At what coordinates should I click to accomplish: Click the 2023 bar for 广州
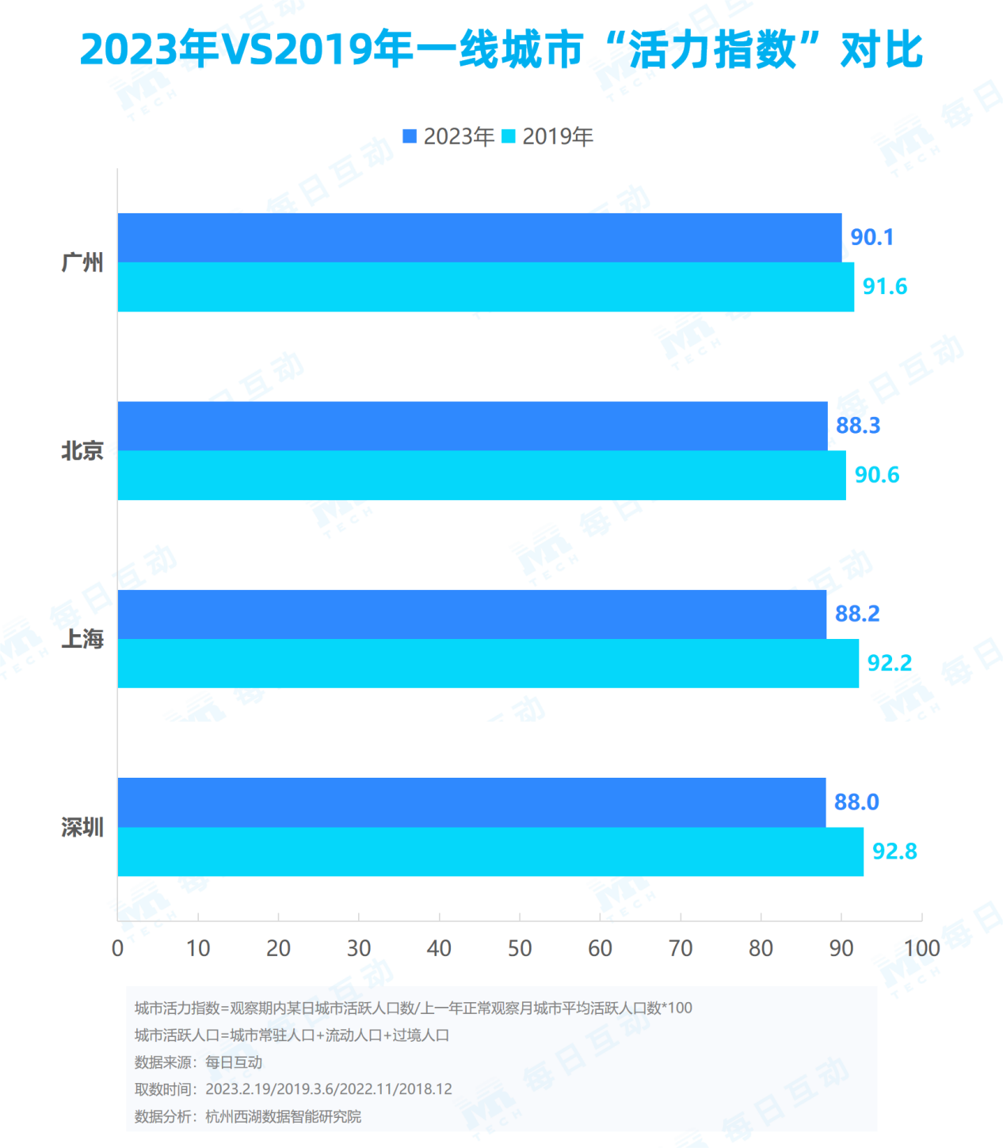[479, 238]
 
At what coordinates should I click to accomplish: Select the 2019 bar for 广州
[486, 287]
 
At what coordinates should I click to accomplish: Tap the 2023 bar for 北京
[472, 426]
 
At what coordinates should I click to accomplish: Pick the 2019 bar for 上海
[488, 664]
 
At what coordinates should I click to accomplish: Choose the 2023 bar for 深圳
[471, 802]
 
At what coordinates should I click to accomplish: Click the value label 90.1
[871, 237]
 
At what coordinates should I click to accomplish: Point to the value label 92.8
[894, 851]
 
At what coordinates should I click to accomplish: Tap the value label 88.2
[857, 614]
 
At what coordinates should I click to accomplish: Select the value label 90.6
[876, 475]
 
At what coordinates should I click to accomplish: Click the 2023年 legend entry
[449, 136]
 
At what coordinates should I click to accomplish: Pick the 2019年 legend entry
[548, 136]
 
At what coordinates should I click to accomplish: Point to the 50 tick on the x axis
[520, 948]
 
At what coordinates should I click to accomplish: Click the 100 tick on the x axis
[921, 948]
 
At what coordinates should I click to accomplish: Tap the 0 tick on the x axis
[118, 948]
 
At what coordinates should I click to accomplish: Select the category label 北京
[82, 451]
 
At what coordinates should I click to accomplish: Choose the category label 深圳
[82, 828]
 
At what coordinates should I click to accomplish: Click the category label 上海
[82, 639]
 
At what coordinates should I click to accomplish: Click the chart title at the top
[501, 49]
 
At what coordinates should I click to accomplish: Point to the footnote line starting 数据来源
[198, 1062]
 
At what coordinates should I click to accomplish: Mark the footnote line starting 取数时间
[293, 1089]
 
